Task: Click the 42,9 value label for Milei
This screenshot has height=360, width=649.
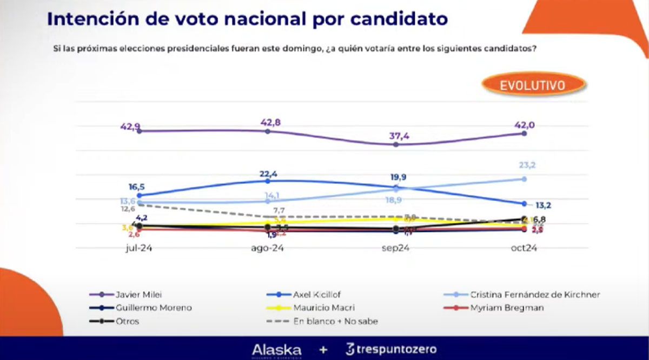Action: tap(131, 126)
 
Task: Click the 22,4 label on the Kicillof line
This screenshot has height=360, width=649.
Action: tap(268, 173)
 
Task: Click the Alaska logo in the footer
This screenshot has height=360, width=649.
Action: tap(277, 350)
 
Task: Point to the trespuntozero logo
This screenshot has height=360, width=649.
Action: tap(390, 350)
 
